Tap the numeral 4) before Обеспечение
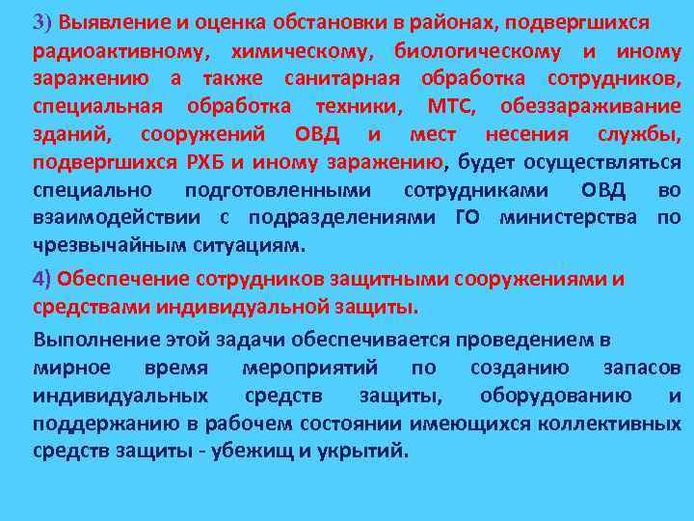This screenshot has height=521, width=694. pyautogui.click(x=42, y=279)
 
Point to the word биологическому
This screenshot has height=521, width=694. pyautogui.click(x=470, y=49)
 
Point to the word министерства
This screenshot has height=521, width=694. pyautogui.click(x=568, y=217)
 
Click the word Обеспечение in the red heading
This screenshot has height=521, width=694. pyautogui.click(x=124, y=279)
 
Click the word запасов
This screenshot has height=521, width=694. pyautogui.click(x=642, y=368)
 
